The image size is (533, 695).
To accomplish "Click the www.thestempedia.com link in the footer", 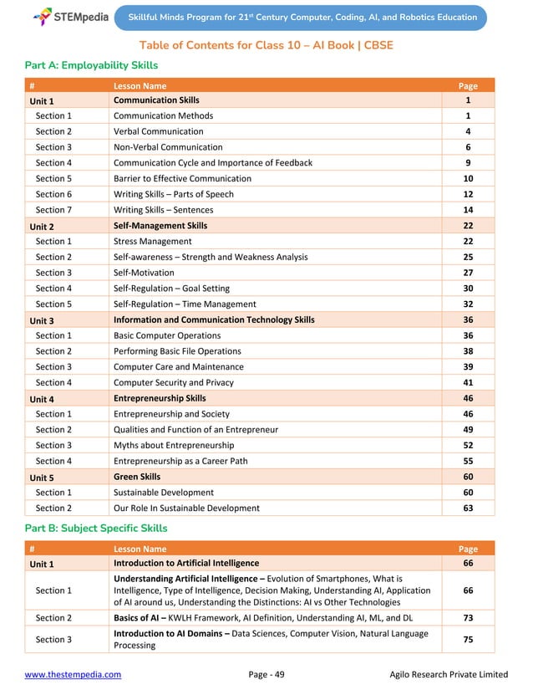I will pos(73,674).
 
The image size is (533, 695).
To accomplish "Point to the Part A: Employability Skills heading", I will pos(92,65).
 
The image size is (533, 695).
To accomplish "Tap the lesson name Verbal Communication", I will pos(158,131).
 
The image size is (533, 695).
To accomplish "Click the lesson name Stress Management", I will pos(152,241).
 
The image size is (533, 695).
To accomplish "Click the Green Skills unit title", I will pos(136,477).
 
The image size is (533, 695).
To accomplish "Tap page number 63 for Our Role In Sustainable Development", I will pos(468,508).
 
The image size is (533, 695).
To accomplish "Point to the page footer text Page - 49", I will pos(266,674).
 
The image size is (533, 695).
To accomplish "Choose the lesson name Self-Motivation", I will pos(144,273).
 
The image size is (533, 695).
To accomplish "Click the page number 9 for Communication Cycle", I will pos(468,162).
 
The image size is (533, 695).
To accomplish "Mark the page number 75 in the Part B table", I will pos(468,639).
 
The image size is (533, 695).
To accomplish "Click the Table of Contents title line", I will pos(266,44).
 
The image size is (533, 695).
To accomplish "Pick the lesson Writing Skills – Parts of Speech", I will pos(173,194).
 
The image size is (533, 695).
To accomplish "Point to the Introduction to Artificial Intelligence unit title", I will pos(185,564).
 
